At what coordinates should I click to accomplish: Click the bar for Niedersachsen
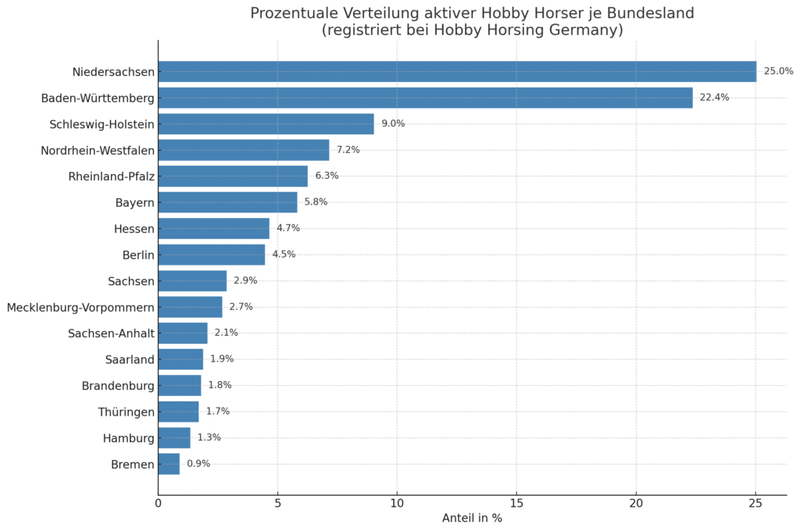(x=457, y=72)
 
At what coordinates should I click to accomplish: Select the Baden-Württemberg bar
(x=425, y=98)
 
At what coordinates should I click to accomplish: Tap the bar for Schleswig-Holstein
(x=266, y=124)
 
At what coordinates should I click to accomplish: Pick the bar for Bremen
(x=169, y=464)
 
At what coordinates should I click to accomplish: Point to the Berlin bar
(x=212, y=255)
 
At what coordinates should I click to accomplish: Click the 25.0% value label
(x=778, y=72)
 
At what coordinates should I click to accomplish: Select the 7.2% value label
(x=348, y=150)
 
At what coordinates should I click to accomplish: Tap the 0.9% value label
(x=198, y=464)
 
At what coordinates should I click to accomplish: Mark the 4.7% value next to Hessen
(x=287, y=229)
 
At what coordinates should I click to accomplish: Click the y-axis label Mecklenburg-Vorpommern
(x=80, y=308)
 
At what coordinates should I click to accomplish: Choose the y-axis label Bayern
(x=134, y=203)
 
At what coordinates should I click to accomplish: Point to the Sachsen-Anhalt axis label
(x=111, y=333)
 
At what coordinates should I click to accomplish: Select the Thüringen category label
(x=126, y=412)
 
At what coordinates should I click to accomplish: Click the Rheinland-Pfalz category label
(x=111, y=176)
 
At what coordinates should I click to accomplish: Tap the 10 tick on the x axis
(x=397, y=504)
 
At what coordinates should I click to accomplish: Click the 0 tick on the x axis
(x=158, y=504)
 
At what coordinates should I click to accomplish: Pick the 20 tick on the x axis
(x=636, y=504)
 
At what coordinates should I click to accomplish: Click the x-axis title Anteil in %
(x=472, y=519)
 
